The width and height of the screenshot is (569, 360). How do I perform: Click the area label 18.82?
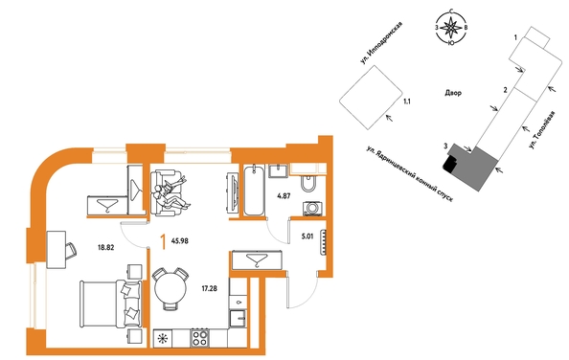pos(106,248)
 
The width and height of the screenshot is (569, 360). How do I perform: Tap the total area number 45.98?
pos(180,240)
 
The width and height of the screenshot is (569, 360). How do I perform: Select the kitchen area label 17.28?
pos(210,289)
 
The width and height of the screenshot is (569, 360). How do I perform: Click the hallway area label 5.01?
pos(307,237)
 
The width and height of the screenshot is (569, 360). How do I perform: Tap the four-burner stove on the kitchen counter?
pos(199,338)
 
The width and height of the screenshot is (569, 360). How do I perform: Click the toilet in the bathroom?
pos(308,184)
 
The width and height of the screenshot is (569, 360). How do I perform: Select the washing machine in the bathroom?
pos(311,208)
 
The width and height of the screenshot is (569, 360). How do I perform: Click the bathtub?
pos(254,191)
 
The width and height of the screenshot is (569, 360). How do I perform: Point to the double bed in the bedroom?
pos(110,304)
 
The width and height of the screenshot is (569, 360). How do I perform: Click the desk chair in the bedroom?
pos(71,251)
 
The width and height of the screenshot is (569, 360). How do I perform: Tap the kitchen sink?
pos(239,319)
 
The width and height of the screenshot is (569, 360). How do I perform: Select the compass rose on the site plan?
pos(451,28)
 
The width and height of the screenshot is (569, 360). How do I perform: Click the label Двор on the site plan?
pos(453,93)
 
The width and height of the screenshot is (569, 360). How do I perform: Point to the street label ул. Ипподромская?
pos(381,43)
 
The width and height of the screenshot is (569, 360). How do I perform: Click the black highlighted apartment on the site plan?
pos(448,164)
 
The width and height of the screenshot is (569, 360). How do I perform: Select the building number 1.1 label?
pos(407,101)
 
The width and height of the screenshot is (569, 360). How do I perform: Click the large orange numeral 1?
pos(164,242)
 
